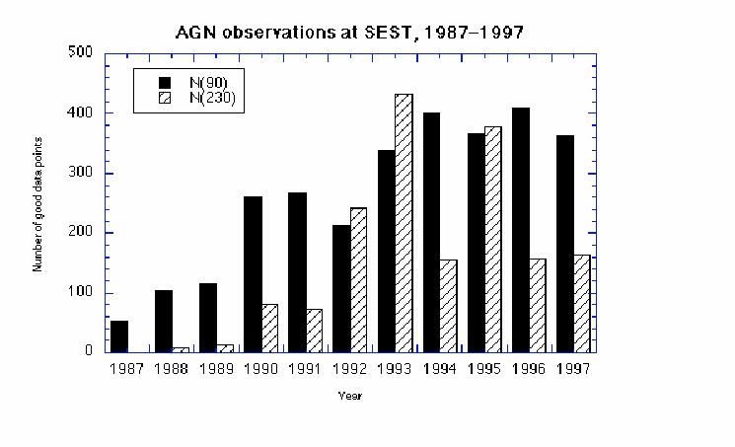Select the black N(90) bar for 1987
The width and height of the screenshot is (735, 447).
pos(119,335)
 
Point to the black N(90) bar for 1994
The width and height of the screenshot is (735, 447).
pos(431,232)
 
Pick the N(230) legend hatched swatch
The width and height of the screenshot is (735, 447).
pos(166,98)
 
